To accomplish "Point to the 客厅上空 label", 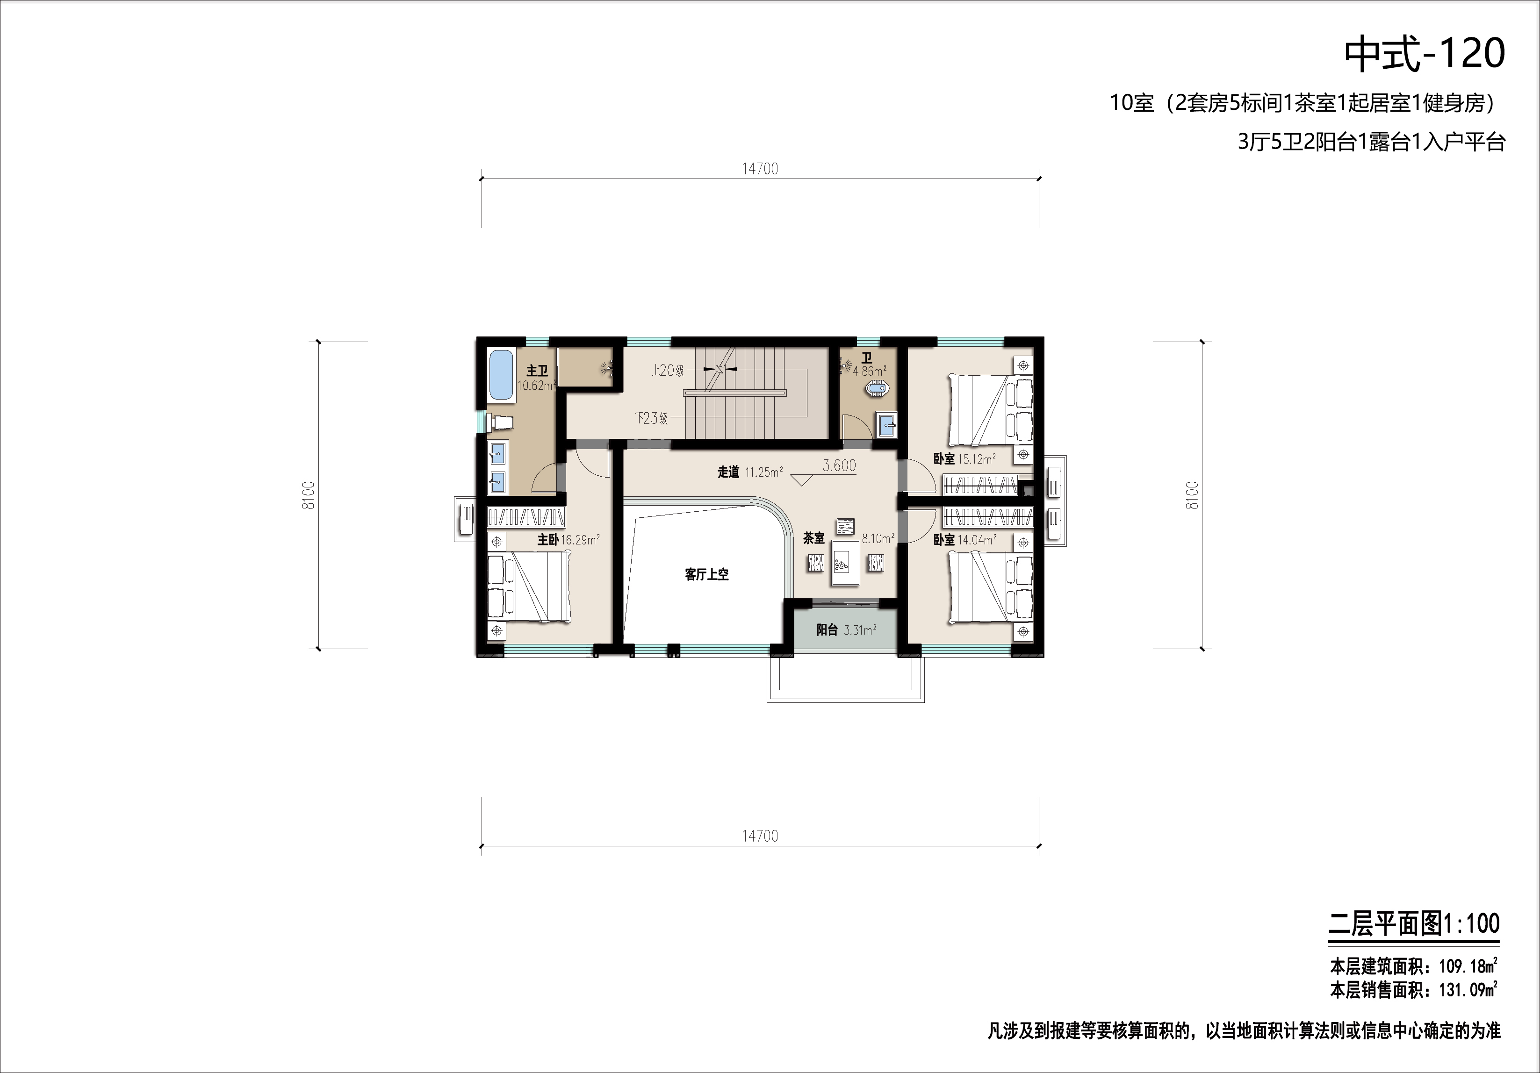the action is pyautogui.click(x=706, y=574).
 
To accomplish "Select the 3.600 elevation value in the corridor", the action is pyautogui.click(x=839, y=465).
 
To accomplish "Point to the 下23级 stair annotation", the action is pyautogui.click(x=651, y=418).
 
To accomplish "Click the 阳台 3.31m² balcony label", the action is pyautogui.click(x=846, y=629).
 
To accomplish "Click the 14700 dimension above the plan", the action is pyautogui.click(x=760, y=169).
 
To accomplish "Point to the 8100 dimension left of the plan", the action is pyautogui.click(x=309, y=495).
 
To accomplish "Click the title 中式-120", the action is pyautogui.click(x=1425, y=54).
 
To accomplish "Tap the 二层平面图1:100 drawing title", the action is pyautogui.click(x=1414, y=923).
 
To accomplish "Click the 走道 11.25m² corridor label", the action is pyautogui.click(x=750, y=472).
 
